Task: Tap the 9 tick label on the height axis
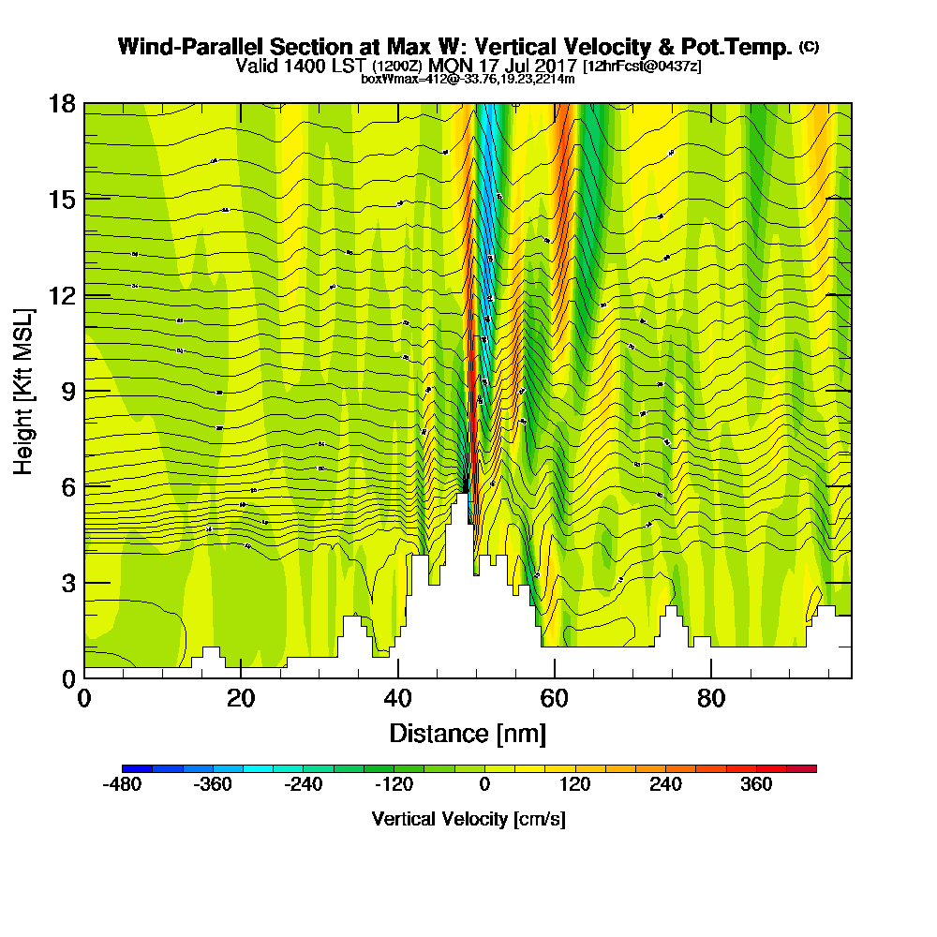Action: [x=67, y=391]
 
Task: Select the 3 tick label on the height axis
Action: [x=67, y=583]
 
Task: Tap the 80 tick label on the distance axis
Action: [x=711, y=699]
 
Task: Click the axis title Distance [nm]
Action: [x=468, y=733]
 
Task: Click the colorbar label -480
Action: [x=122, y=784]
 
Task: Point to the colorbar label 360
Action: [x=755, y=784]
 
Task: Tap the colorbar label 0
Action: [x=484, y=784]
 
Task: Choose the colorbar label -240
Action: [x=304, y=784]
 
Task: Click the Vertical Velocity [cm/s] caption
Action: [x=468, y=819]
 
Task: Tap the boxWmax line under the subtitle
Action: [x=468, y=79]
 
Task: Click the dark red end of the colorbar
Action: [x=809, y=768]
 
